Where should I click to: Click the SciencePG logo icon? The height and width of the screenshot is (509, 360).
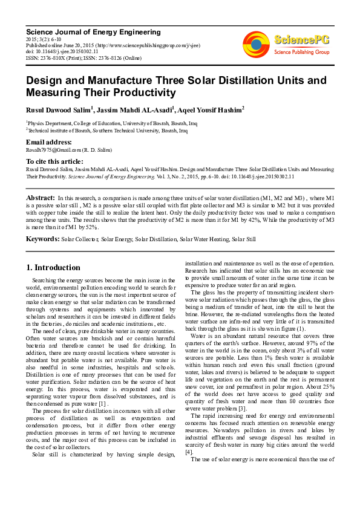point(256,44)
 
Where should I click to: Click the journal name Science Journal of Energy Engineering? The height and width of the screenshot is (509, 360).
point(93,32)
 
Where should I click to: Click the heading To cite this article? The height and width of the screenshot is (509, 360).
point(54,161)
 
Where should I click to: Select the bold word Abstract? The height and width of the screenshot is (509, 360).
point(41,198)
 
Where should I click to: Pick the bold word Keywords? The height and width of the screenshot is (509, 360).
point(42,239)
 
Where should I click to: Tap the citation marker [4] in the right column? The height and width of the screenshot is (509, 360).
point(189,452)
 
